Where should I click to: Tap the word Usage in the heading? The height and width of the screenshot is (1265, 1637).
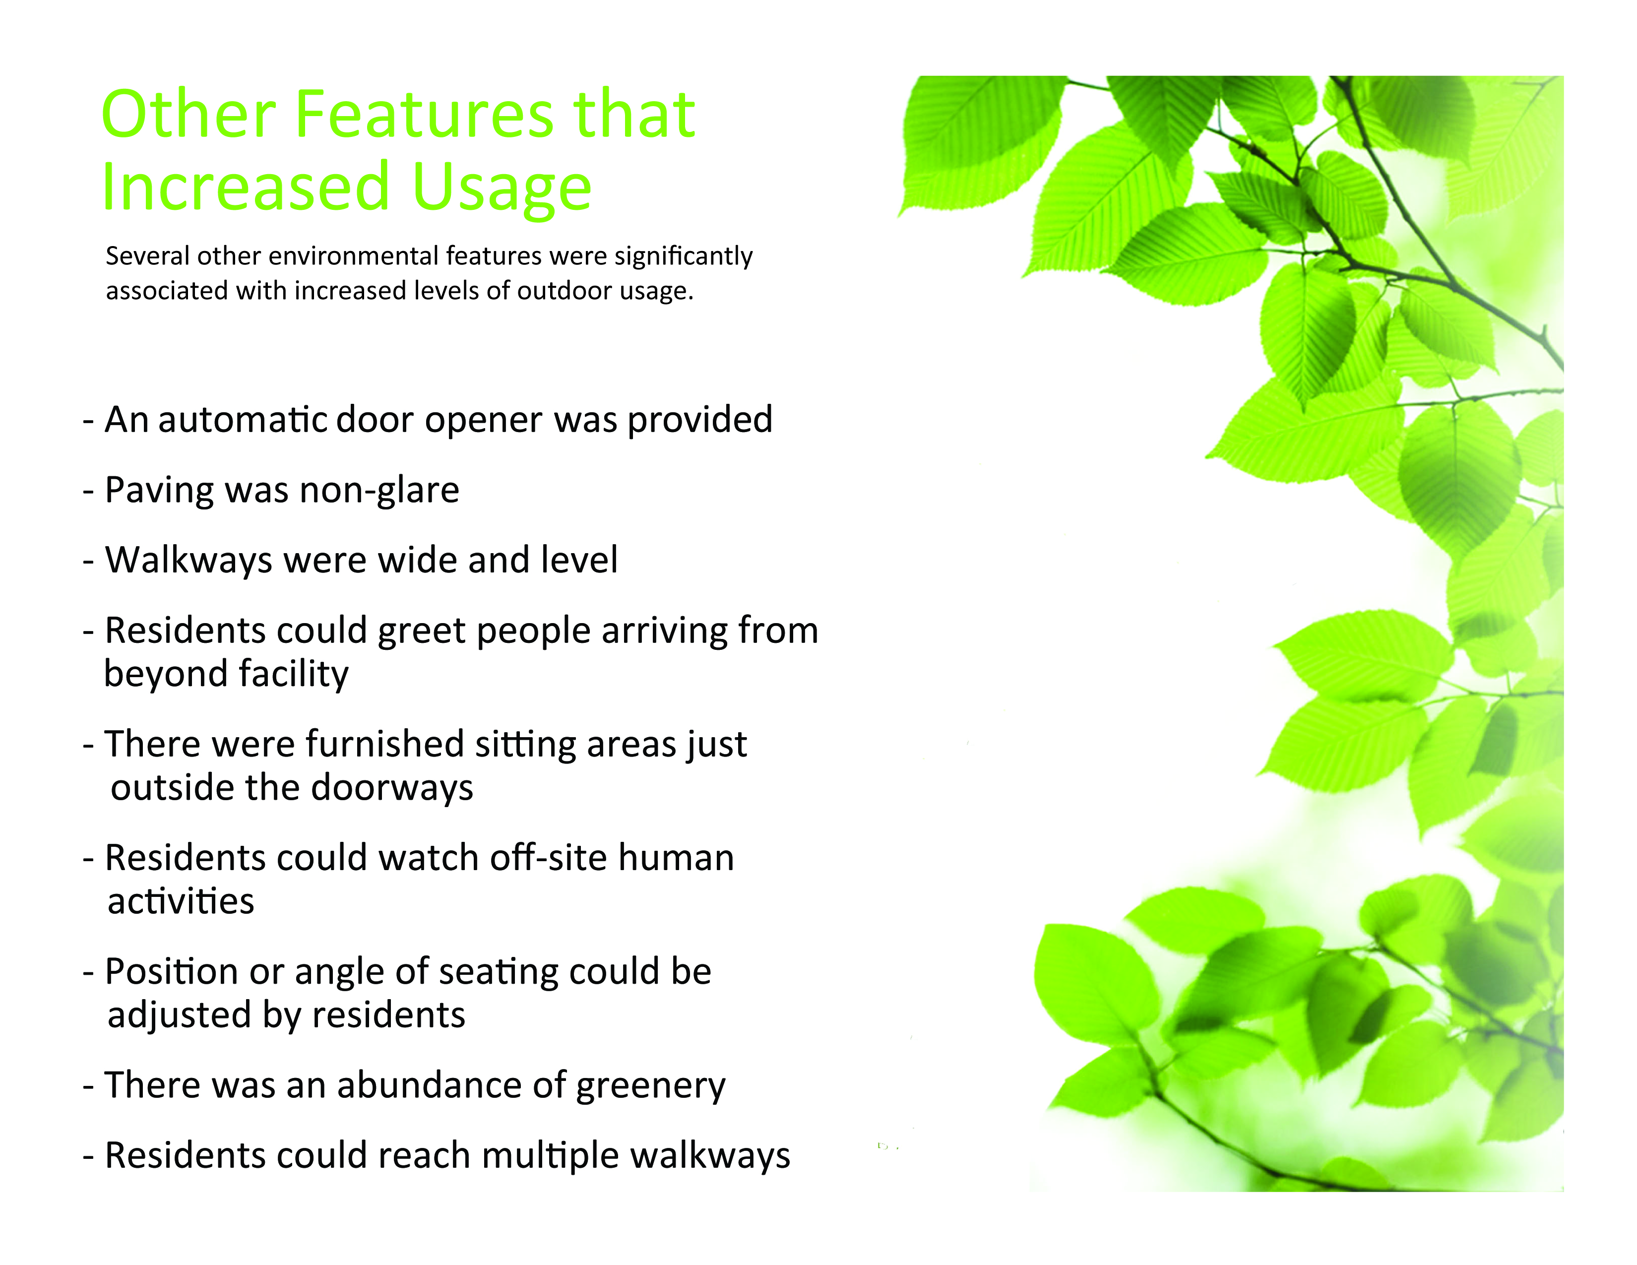pos(502,188)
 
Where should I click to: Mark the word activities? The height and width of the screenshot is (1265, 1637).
pos(181,901)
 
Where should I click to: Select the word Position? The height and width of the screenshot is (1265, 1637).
pos(172,971)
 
